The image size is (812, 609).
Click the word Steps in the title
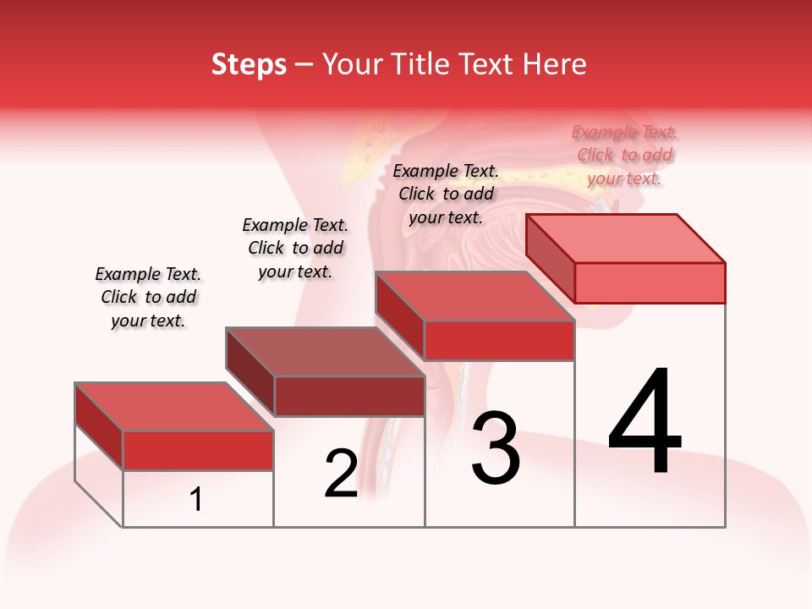click(249, 65)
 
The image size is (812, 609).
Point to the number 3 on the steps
click(496, 448)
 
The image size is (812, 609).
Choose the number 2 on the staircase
click(341, 474)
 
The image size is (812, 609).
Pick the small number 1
click(196, 499)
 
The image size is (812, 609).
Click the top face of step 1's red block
click(173, 406)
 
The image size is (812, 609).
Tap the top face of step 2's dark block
click(324, 351)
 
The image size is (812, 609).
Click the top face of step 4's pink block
click(624, 238)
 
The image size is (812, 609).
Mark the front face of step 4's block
click(650, 283)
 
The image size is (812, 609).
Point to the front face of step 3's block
click(499, 340)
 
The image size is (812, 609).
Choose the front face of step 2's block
click(348, 396)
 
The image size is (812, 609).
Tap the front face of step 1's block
click(198, 450)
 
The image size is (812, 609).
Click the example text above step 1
click(148, 297)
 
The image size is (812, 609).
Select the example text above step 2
click(295, 248)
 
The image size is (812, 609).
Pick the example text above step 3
click(446, 194)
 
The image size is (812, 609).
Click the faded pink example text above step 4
click(624, 155)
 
